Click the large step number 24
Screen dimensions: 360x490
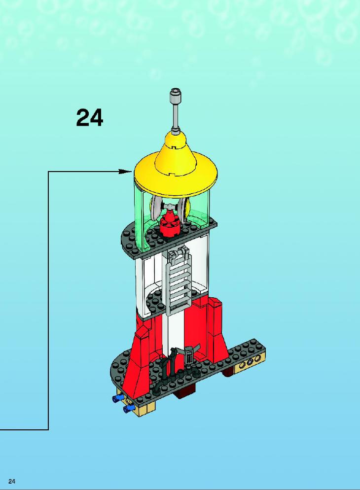89,118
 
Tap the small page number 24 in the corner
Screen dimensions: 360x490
12,481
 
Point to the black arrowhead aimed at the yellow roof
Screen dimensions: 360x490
126,171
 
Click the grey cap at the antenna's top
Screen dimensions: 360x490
175,94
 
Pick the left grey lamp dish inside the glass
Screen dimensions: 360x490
156,209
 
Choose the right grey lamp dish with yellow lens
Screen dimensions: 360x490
184,208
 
